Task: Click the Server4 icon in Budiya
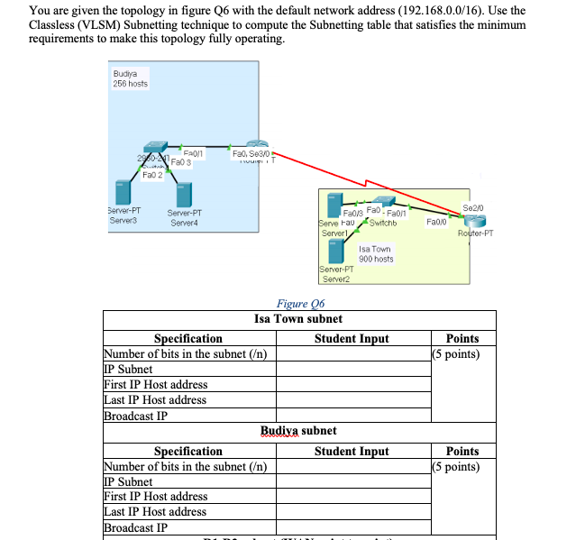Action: point(184,194)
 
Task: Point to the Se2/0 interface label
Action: point(471,207)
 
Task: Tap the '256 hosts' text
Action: point(130,84)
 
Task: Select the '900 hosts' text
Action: point(375,259)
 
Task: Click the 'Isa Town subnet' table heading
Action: point(298,318)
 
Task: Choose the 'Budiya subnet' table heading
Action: point(298,431)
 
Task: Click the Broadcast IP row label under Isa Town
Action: point(135,416)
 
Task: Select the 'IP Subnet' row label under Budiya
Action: point(129,481)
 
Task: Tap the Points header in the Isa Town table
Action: point(462,338)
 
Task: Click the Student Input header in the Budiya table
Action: point(352,451)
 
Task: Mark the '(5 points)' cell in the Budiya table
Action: point(456,466)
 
